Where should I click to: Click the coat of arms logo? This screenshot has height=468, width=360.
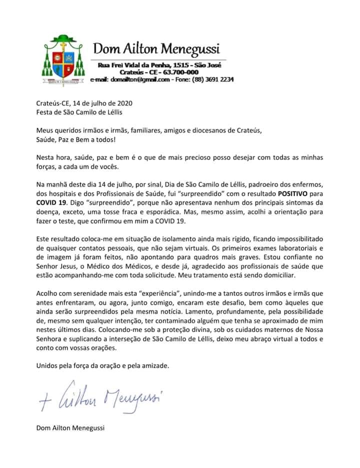pos(63,58)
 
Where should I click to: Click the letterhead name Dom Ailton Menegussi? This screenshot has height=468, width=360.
pos(156,49)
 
